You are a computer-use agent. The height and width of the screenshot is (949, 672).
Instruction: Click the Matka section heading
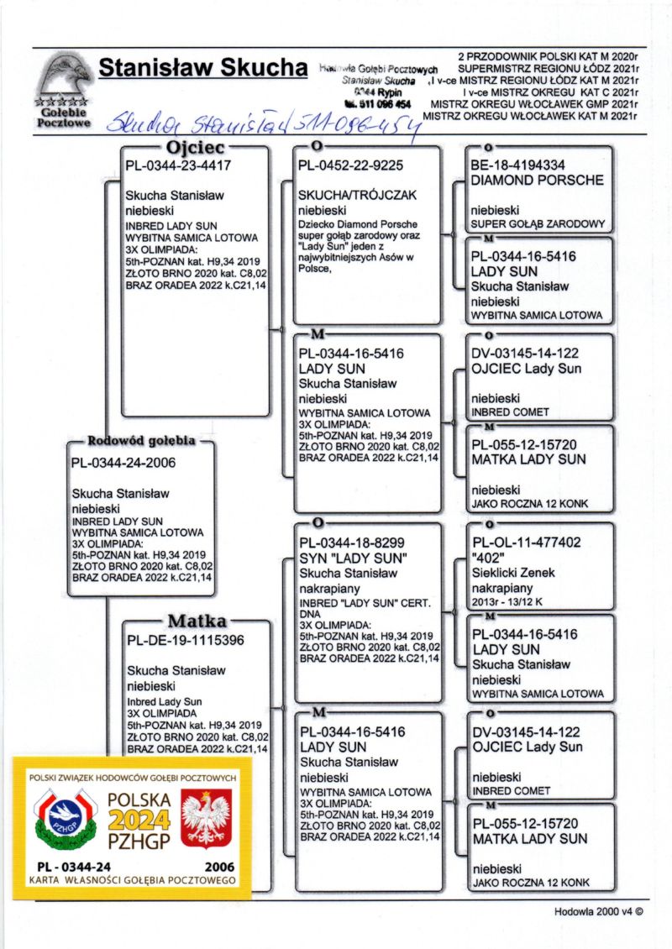[x=197, y=621]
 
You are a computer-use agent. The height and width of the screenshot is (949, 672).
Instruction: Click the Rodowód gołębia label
[x=142, y=441]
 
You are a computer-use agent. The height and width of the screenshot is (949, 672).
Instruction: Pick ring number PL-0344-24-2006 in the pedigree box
[x=123, y=462]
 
